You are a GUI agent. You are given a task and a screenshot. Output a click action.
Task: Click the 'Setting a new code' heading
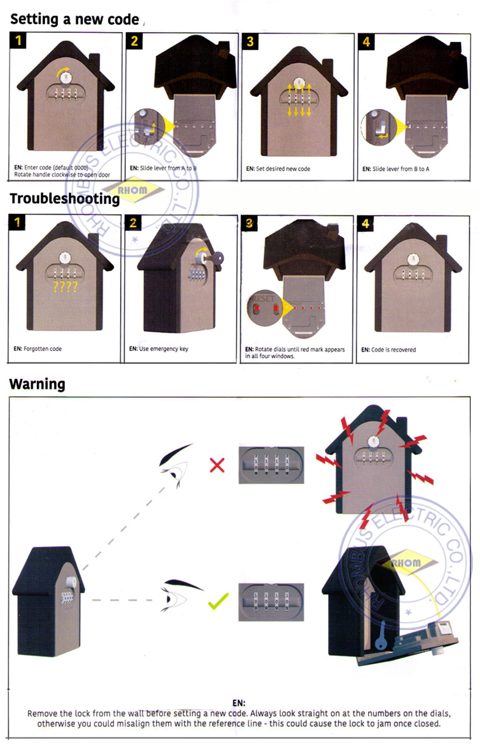coord(74,19)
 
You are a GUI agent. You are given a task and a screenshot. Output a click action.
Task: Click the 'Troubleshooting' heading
coord(65,199)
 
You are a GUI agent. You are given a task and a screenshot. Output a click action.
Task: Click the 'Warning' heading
coord(37,384)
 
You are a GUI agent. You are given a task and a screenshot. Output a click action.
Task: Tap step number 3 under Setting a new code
coord(250,42)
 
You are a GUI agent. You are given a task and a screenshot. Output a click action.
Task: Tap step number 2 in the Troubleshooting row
coord(133,223)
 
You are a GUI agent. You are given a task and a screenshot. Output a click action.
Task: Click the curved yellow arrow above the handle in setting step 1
coord(63,72)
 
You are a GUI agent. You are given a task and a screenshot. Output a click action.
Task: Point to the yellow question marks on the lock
coord(65,287)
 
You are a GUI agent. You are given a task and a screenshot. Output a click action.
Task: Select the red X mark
coord(217,465)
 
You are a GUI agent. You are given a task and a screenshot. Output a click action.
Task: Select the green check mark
coord(218,601)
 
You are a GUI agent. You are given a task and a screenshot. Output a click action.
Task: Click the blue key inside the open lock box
coord(381,635)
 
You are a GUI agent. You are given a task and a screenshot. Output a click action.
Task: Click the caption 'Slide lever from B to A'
coord(396,169)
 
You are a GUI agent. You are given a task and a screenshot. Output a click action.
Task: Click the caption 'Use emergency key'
coord(158,349)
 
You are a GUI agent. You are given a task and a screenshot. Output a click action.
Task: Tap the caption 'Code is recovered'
coord(388,350)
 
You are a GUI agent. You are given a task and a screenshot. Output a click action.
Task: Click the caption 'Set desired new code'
coord(278,169)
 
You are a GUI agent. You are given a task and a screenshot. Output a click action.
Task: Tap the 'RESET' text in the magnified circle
coord(263,298)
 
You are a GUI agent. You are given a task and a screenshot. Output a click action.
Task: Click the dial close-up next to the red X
coord(271,465)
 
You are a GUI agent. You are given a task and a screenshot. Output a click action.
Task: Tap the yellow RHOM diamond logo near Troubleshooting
coord(133,190)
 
